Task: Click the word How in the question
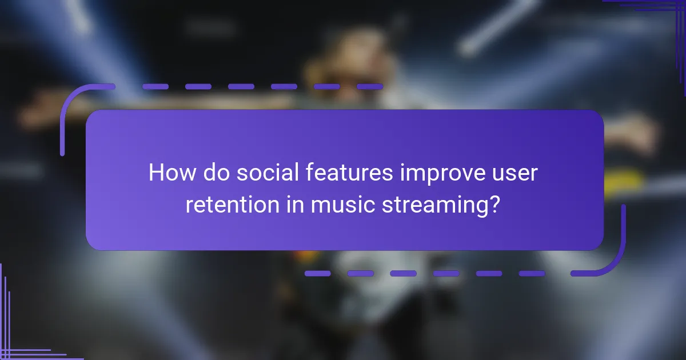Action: tap(170, 173)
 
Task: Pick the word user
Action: tap(517, 173)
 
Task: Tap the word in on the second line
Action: tap(294, 205)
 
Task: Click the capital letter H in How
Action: tap(155, 173)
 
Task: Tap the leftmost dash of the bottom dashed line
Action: tap(317, 273)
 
